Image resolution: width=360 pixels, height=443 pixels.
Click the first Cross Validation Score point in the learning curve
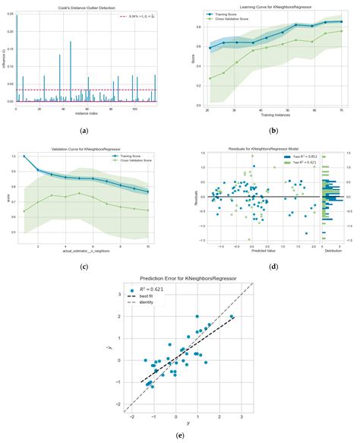210,78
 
